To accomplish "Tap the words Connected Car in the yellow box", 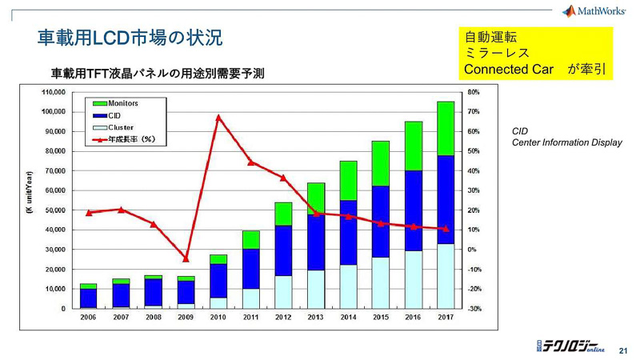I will (509, 70).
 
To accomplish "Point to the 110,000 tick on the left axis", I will (54, 92).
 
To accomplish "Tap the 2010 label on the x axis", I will (218, 318).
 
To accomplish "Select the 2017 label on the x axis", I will (445, 318).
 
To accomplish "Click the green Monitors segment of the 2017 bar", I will (445, 128).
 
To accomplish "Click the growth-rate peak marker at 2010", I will (218, 117).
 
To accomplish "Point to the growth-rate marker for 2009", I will (186, 258).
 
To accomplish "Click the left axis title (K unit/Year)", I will (30, 192).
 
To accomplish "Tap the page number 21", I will (625, 350).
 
